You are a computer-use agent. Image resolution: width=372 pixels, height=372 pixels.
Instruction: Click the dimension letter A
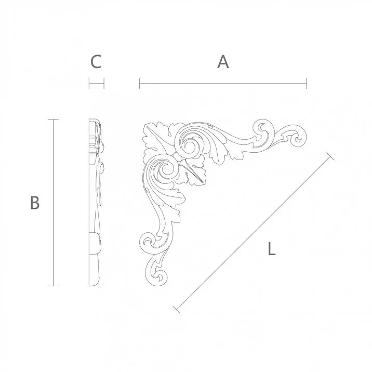[223, 62]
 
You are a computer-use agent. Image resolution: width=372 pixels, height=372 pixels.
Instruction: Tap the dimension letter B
[35, 203]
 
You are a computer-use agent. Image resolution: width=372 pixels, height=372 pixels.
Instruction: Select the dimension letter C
[96, 62]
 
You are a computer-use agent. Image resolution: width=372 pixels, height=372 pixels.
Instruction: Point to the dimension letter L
[271, 249]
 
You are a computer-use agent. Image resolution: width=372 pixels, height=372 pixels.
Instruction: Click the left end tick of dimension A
[140, 83]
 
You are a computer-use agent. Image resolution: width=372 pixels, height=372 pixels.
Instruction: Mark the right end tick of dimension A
[307, 83]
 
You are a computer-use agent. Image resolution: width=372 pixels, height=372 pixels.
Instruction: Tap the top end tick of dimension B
[53, 119]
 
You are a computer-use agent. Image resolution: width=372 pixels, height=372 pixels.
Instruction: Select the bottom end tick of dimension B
[53, 286]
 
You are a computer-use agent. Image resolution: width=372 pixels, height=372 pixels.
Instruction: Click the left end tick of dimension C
[89, 83]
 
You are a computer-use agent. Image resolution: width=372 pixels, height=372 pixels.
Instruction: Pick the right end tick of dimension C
[104, 83]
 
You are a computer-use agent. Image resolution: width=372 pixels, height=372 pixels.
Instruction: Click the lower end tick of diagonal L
[177, 310]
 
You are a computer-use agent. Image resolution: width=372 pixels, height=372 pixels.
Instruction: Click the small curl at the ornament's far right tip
[297, 138]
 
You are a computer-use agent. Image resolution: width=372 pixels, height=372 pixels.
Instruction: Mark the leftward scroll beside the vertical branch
[148, 241]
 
